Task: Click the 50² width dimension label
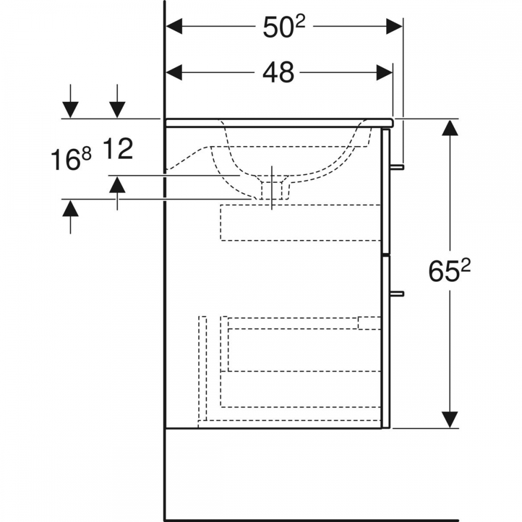(283, 27)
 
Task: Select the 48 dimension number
(278, 72)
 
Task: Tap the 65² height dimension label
(449, 270)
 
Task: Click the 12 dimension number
(118, 148)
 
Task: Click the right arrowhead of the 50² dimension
(395, 27)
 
